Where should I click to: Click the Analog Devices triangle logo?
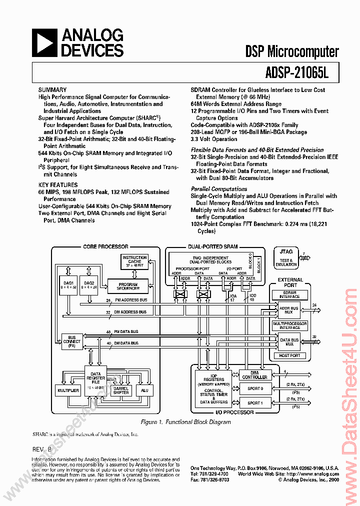click(44, 42)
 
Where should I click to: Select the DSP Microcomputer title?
click(292, 51)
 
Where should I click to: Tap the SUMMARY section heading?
click(52, 89)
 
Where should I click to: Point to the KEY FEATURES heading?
click(58, 184)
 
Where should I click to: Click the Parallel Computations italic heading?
click(219, 189)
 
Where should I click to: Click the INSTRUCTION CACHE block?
click(134, 261)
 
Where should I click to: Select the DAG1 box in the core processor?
click(67, 285)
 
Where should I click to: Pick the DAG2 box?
click(90, 285)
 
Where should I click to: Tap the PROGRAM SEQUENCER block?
click(128, 285)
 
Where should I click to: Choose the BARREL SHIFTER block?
click(120, 390)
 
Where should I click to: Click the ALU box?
click(144, 390)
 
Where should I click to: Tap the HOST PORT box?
click(290, 355)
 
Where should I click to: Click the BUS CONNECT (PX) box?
click(72, 341)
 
